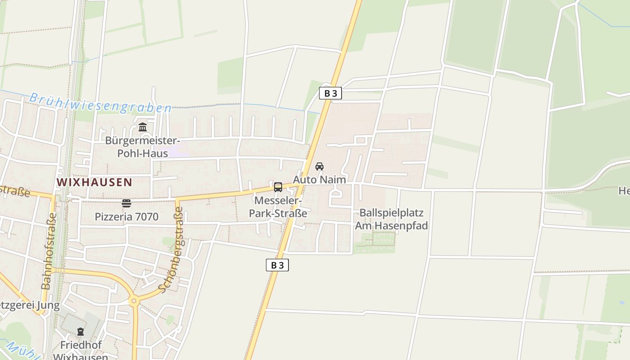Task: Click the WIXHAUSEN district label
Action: (x=94, y=182)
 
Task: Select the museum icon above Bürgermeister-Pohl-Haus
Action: (x=143, y=127)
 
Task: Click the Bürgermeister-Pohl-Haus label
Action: (x=143, y=147)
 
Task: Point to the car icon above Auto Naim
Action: (x=319, y=166)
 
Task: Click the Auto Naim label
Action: (x=319, y=180)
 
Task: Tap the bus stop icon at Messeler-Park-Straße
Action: (x=278, y=187)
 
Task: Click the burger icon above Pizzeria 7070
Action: (x=126, y=203)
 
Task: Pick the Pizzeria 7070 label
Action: (x=126, y=217)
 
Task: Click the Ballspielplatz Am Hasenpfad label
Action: (x=391, y=219)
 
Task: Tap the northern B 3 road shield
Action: (x=330, y=93)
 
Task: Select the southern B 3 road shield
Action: (x=277, y=265)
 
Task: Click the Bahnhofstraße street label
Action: (x=49, y=251)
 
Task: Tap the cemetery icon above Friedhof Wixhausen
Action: (x=81, y=332)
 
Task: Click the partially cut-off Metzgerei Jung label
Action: (x=30, y=306)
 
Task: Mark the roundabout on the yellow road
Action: (x=134, y=300)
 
